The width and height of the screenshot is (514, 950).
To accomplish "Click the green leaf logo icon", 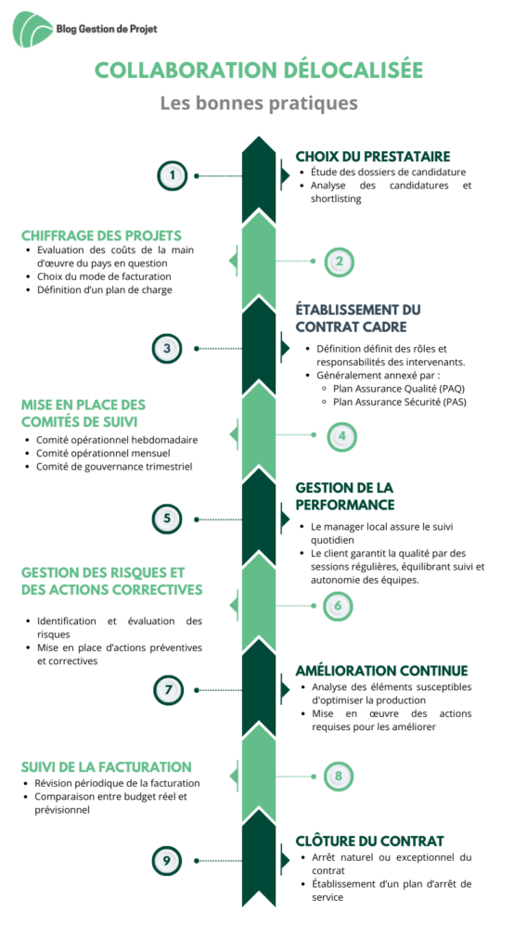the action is [x=32, y=29].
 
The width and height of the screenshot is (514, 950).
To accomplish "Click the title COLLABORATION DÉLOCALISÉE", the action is [x=259, y=71].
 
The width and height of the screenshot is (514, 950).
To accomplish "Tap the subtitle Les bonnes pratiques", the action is [x=259, y=103].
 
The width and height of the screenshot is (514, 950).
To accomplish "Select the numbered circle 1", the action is [x=173, y=175].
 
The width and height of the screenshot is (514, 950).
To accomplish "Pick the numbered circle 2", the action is [x=339, y=262].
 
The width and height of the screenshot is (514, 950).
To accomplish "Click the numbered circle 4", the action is [x=341, y=436].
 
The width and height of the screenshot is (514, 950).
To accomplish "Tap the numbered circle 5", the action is [x=167, y=519].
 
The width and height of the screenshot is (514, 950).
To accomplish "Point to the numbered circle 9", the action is [x=167, y=861].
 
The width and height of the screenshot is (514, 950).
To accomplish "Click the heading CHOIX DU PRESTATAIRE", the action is [x=373, y=156].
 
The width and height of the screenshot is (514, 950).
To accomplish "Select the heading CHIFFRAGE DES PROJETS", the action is [x=101, y=236].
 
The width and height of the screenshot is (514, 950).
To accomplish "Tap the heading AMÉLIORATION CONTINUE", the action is [x=382, y=671].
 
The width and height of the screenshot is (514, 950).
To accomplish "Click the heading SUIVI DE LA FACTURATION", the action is [x=107, y=766].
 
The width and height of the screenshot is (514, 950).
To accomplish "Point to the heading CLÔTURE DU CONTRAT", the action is [x=370, y=841].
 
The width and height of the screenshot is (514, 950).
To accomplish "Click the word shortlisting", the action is [x=337, y=199].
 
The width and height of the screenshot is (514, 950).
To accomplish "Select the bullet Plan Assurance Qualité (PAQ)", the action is [x=399, y=389].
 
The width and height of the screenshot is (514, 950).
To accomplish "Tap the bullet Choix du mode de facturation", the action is [x=104, y=276].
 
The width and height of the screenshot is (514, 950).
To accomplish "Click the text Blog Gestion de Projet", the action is [x=106, y=29].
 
